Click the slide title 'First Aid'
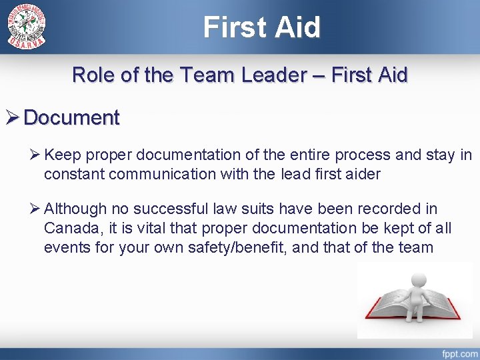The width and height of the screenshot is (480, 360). point(262,27)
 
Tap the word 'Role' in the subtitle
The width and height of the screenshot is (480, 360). point(94,75)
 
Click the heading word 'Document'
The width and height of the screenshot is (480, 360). point(71,118)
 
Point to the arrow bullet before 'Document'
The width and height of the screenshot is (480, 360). point(11,118)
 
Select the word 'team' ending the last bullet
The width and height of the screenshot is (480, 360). point(415,248)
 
